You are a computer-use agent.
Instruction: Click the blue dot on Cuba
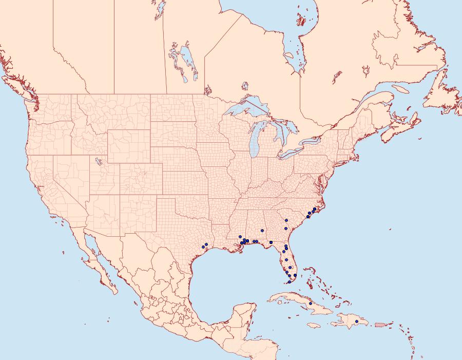[x=311, y=304]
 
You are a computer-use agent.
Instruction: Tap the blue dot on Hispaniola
[x=357, y=321]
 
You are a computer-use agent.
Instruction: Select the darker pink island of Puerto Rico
[x=380, y=324]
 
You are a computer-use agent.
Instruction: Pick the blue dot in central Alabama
[x=262, y=231]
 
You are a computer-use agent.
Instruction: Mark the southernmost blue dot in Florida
[x=290, y=282]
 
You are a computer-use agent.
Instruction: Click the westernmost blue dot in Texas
[x=203, y=247]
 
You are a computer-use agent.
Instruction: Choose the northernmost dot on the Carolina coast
[x=315, y=209]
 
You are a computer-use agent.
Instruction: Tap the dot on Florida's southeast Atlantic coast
[x=295, y=276]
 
